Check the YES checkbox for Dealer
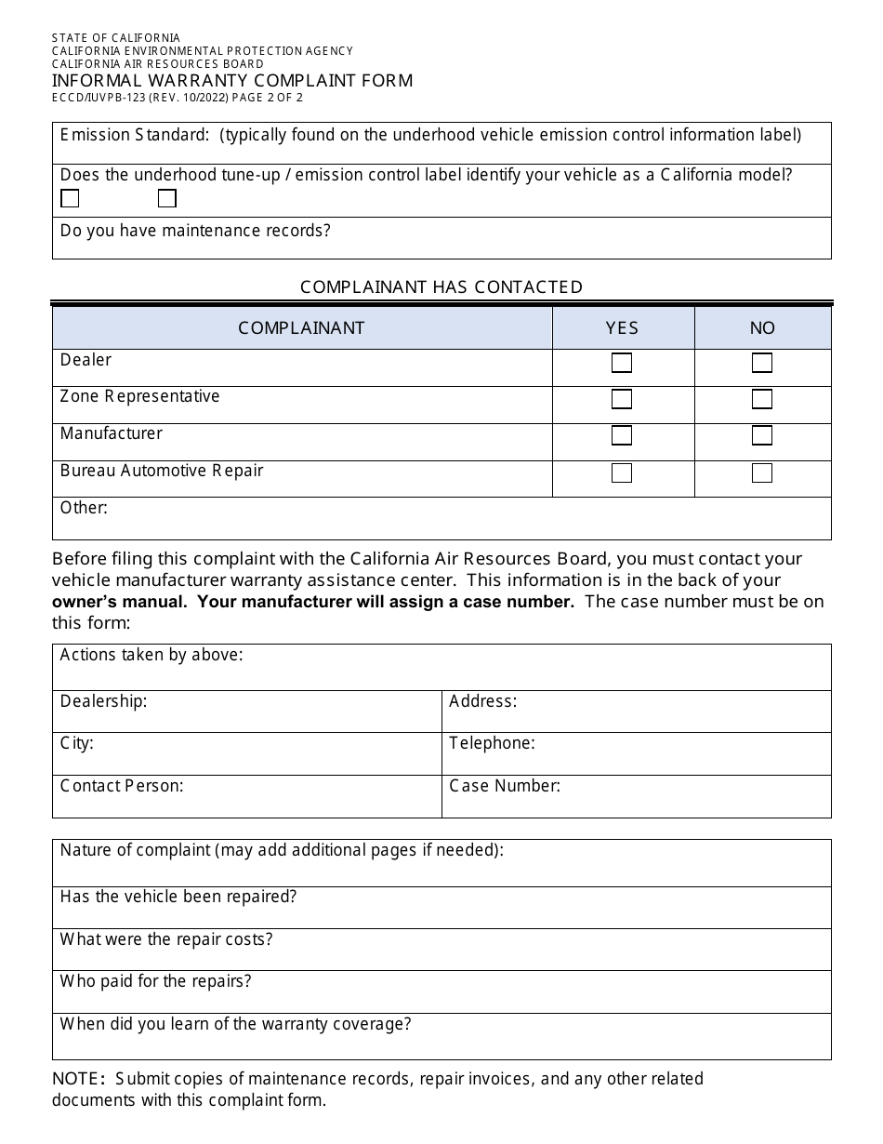click(x=622, y=363)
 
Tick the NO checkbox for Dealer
click(x=762, y=363)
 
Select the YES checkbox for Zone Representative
click(x=622, y=399)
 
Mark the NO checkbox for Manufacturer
click(x=762, y=435)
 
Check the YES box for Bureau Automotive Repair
click(x=622, y=472)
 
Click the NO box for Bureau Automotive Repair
click(x=762, y=472)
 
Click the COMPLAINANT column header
click(x=301, y=328)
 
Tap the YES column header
click(x=622, y=328)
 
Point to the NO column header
click(x=762, y=328)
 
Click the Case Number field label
click(x=505, y=786)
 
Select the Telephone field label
click(x=492, y=743)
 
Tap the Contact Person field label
click(x=122, y=786)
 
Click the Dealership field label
click(x=103, y=701)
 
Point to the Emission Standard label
click(x=135, y=135)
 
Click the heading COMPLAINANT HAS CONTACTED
click(x=441, y=287)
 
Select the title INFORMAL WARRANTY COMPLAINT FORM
click(x=232, y=81)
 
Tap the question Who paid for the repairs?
click(x=155, y=981)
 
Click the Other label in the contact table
click(x=84, y=508)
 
